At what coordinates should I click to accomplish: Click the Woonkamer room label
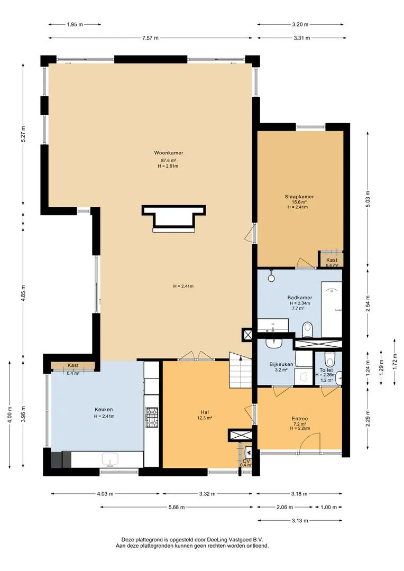point(168,153)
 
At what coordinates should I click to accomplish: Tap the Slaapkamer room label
point(299,197)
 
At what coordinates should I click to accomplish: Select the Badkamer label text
point(299,298)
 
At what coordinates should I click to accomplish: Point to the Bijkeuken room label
point(281,364)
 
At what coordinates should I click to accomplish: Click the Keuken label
point(104,409)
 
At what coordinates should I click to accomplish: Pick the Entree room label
point(300,419)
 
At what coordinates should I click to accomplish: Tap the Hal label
point(204,412)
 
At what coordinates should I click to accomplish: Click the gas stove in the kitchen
point(152,417)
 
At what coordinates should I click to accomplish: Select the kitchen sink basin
point(110,459)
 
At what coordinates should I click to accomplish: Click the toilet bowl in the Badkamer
point(308,329)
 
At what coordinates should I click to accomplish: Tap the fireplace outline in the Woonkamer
point(174,218)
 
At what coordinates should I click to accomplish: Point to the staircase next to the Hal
point(240,370)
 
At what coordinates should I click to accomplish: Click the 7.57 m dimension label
point(150,38)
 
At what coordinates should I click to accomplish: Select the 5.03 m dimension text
point(368,199)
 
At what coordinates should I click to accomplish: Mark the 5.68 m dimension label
point(177,507)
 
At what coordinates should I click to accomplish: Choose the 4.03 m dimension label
point(105,494)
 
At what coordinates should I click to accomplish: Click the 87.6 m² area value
point(168,160)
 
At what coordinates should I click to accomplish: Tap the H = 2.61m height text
point(168,166)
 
